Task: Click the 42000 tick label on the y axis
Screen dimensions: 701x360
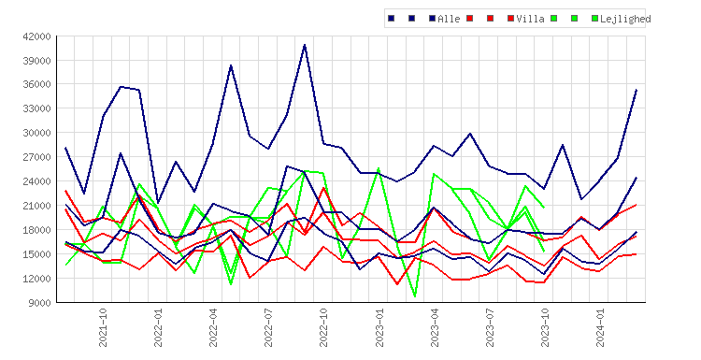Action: (37, 36)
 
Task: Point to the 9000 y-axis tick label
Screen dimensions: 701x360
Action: (40, 303)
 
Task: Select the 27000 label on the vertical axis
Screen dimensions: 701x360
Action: (37, 157)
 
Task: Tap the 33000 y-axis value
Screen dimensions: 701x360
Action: (37, 108)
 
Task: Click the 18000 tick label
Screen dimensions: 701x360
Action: (37, 230)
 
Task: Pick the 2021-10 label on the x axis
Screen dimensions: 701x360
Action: (103, 327)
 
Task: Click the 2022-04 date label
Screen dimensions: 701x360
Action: (213, 327)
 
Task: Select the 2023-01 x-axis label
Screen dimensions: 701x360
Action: (379, 327)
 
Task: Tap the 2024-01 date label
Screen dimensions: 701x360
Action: (600, 327)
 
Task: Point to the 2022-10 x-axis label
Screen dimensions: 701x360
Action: (323, 327)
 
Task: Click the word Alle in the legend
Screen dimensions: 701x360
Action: (449, 19)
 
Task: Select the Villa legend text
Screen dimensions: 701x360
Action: (530, 19)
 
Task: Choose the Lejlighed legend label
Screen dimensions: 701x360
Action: (625, 19)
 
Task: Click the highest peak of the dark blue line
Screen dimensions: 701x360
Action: (305, 45)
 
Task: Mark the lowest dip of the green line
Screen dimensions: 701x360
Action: (415, 296)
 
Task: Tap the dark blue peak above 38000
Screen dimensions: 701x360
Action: (231, 65)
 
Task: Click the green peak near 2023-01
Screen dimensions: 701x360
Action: (379, 168)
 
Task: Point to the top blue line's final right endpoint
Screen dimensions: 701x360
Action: (637, 90)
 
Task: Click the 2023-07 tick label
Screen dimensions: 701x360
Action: (490, 327)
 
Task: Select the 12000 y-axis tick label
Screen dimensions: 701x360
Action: (37, 279)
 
